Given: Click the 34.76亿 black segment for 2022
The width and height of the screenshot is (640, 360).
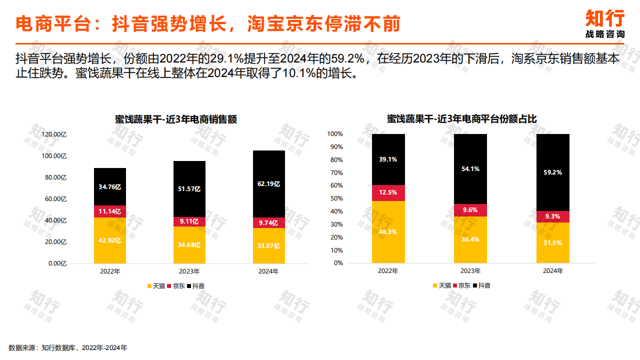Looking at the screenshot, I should [x=110, y=186].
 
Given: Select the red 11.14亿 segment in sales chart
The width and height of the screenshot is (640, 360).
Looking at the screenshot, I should [x=110, y=211].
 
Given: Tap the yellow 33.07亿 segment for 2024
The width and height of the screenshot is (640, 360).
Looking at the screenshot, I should [x=269, y=245].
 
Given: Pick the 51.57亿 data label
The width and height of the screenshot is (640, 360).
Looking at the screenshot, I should [x=189, y=189].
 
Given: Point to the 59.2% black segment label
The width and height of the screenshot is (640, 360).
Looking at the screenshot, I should [x=552, y=172].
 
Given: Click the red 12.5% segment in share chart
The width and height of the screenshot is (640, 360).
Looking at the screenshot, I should [x=388, y=192].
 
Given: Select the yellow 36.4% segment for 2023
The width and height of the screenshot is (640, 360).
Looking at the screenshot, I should [x=470, y=239].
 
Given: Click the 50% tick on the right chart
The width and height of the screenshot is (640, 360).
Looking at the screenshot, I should [x=335, y=198].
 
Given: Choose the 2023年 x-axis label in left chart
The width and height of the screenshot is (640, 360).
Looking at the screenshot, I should [x=189, y=271].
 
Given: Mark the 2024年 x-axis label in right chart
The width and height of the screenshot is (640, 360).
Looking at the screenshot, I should [x=552, y=271].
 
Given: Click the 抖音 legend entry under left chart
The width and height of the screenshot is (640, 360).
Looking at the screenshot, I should [x=195, y=286].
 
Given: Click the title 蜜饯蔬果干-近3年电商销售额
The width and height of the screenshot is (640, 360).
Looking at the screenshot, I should [x=175, y=119].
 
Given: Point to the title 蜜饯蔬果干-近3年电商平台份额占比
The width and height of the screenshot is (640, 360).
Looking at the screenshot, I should [x=461, y=119].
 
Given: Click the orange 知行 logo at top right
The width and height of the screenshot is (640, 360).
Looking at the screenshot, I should [x=605, y=19].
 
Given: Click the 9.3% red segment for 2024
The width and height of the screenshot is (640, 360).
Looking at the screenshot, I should [x=552, y=216].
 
